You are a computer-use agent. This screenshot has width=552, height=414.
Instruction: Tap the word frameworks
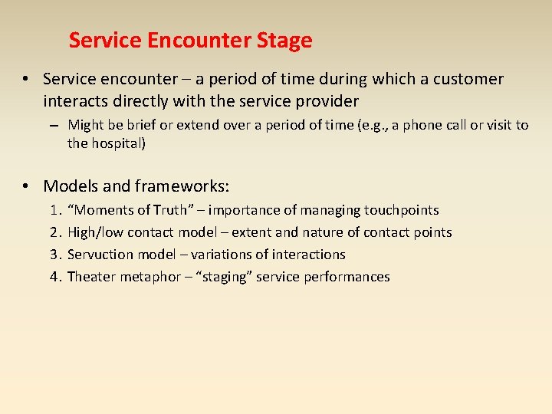[x=182, y=186]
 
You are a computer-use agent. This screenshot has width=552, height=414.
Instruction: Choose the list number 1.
[x=54, y=210]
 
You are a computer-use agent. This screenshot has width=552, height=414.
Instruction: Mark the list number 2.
[x=54, y=232]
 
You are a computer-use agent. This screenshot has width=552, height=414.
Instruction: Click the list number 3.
[x=54, y=255]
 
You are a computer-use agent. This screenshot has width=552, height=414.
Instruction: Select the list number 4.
[x=54, y=277]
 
